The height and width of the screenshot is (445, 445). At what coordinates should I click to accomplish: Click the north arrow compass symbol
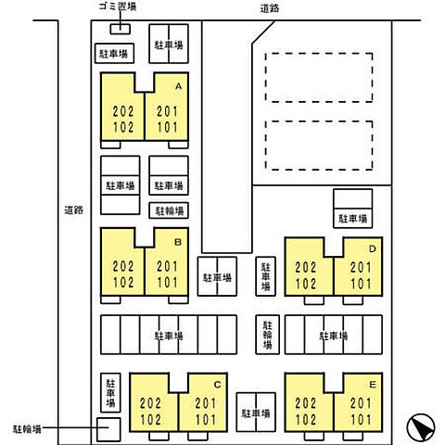click(421, 427)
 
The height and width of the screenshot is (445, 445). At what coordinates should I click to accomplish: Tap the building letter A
click(178, 86)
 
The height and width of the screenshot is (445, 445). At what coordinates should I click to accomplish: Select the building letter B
click(178, 242)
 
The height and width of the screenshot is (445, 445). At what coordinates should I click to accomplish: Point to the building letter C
click(217, 385)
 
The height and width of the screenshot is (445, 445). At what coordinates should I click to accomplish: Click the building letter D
click(373, 248)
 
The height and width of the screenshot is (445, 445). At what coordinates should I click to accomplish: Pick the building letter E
click(373, 385)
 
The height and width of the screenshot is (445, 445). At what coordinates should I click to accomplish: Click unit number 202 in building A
click(123, 111)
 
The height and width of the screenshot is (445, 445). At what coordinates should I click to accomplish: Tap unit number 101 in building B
click(167, 283)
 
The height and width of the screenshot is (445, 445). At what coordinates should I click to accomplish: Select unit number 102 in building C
click(150, 419)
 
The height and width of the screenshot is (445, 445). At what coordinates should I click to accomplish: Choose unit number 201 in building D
click(361, 268)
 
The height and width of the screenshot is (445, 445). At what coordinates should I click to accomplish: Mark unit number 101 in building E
click(361, 419)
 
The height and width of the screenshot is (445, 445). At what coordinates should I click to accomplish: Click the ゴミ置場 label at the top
click(118, 6)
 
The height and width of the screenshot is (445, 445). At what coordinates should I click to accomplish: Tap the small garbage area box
click(121, 29)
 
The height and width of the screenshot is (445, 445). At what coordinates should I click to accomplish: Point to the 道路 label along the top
click(270, 8)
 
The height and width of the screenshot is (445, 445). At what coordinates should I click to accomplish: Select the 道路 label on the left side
click(73, 210)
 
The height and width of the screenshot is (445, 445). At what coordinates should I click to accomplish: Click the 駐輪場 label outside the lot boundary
click(27, 429)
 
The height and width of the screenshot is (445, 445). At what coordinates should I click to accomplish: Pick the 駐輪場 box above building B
click(169, 210)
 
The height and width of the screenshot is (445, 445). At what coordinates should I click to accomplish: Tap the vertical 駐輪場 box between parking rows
click(267, 335)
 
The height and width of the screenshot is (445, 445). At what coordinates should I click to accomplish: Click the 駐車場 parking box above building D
click(352, 209)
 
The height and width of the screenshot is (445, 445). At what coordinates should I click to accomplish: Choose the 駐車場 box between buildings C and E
click(256, 413)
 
